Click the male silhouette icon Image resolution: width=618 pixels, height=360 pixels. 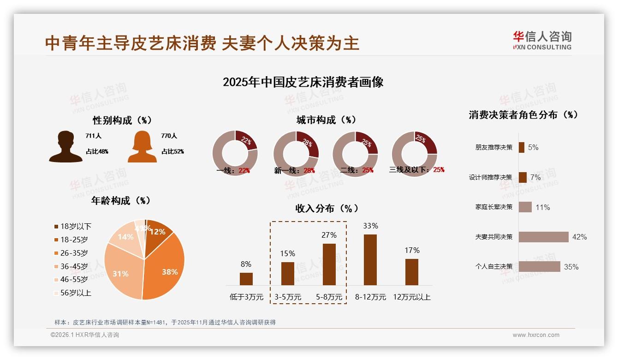65,146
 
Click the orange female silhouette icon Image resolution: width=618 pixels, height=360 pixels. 142,147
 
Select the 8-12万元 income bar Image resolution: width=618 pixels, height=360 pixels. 370,260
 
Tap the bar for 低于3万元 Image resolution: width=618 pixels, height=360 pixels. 246,279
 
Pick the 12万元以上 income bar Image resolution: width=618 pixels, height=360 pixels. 412,272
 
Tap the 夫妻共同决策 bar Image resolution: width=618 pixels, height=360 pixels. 543,237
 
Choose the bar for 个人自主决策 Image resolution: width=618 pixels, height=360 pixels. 539,266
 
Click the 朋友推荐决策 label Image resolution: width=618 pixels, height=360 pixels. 493,148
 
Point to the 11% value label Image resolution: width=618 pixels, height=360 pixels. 543,208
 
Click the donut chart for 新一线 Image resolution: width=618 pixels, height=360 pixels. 296,153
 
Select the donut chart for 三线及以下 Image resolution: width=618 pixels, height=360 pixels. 414,153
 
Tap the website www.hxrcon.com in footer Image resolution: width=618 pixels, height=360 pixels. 536,335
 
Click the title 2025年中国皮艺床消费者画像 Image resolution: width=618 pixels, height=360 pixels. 303,82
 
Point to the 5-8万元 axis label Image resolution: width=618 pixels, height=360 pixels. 329,297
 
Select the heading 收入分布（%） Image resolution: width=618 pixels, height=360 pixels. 327,208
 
